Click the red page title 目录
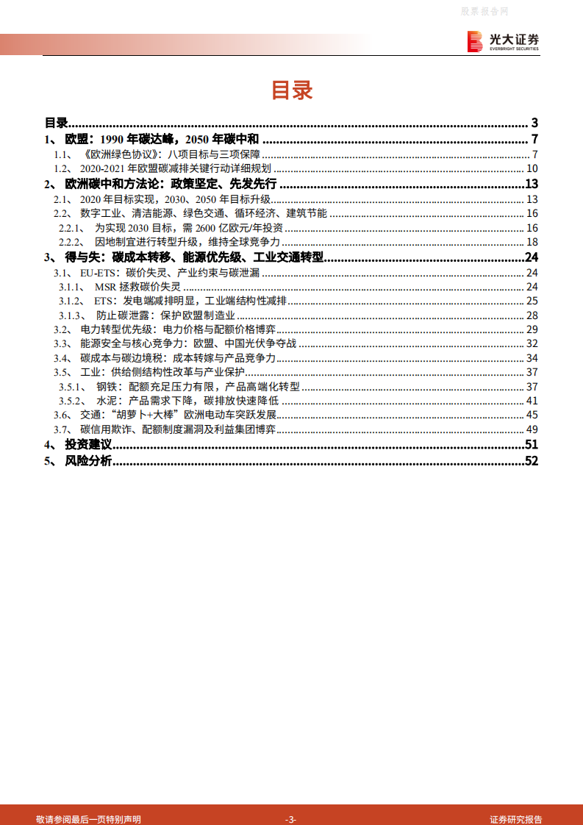[292, 90]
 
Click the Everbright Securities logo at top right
[504, 41]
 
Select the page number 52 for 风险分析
[532, 461]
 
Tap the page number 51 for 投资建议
[532, 445]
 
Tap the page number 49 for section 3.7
[533, 429]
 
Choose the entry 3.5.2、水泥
[170, 401]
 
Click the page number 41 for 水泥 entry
[533, 401]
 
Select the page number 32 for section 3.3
[533, 343]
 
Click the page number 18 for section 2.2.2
[533, 243]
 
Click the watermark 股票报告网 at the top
[485, 11]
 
